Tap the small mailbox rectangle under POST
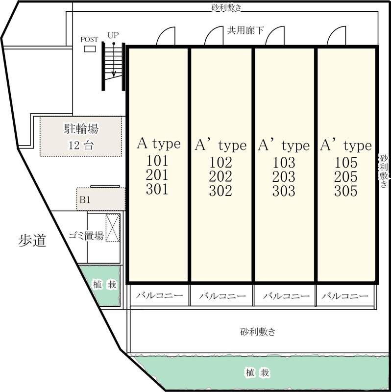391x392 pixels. click(x=90, y=49)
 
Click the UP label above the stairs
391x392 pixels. click(x=113, y=36)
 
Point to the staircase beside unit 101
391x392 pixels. click(x=114, y=66)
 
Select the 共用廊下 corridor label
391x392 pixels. click(x=245, y=30)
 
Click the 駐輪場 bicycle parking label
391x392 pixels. click(x=81, y=129)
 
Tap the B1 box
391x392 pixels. click(x=100, y=199)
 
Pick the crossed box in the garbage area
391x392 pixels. click(x=113, y=228)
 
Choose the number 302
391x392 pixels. click(x=220, y=191)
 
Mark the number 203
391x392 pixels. click(x=284, y=177)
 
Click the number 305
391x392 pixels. click(x=346, y=191)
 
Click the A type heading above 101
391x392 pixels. click(x=158, y=144)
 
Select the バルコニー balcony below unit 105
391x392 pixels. click(x=345, y=296)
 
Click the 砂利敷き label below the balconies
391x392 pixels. click(x=258, y=332)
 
